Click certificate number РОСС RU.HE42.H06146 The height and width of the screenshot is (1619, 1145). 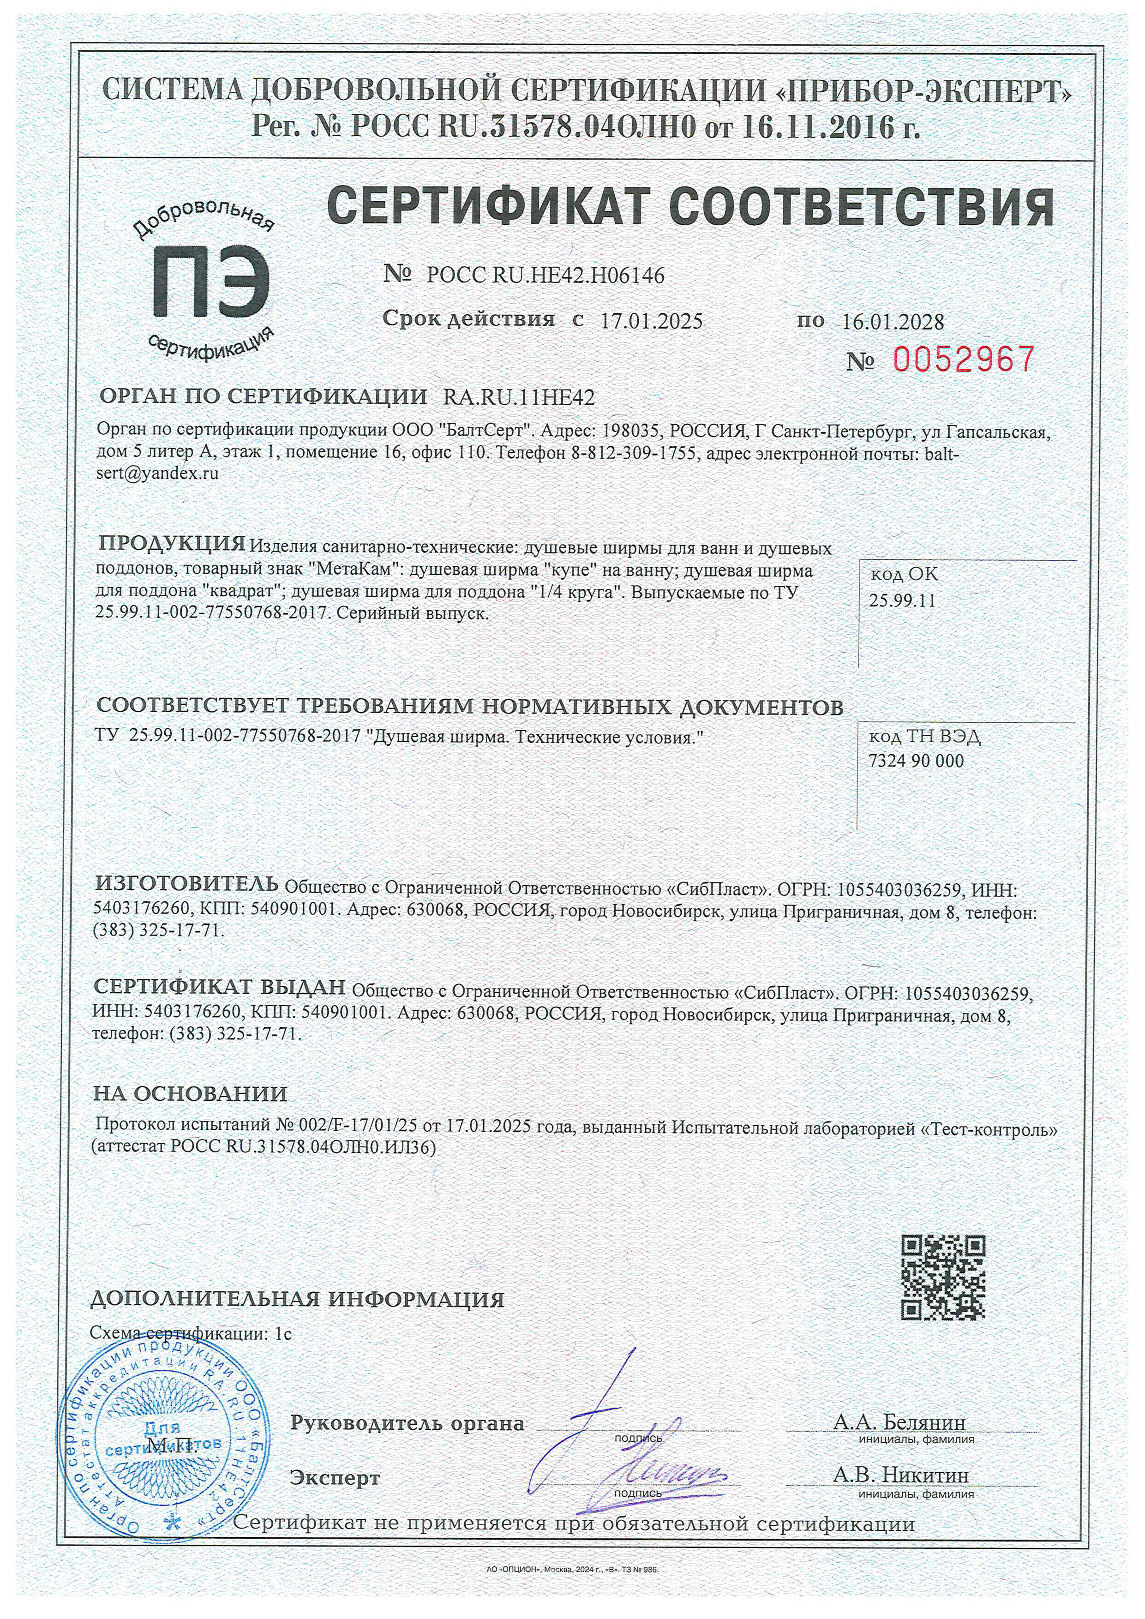[545, 276]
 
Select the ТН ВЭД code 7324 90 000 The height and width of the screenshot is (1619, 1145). [915, 761]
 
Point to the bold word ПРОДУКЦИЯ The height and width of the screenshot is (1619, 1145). [171, 543]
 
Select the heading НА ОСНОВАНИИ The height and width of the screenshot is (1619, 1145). [190, 1094]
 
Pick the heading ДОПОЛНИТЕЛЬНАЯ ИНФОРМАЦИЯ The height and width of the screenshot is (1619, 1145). [298, 1299]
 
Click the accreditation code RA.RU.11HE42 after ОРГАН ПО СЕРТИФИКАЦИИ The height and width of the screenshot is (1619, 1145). [518, 398]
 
